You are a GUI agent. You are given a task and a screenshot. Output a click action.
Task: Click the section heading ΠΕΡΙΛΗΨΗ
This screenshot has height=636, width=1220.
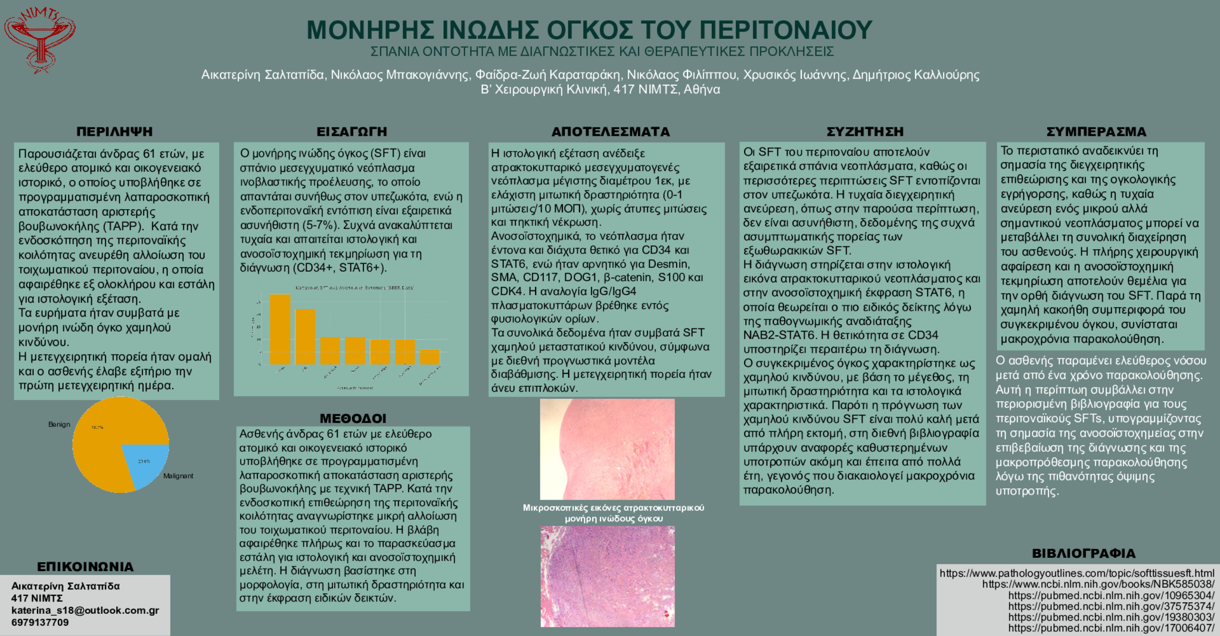point(114,132)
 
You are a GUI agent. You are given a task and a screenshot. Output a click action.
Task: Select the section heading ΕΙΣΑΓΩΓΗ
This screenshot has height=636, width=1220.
point(351,132)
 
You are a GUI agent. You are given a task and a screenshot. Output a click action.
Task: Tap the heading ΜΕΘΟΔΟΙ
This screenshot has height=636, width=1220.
point(353,418)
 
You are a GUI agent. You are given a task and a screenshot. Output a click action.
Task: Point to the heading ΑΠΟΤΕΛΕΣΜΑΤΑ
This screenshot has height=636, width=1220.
point(611,132)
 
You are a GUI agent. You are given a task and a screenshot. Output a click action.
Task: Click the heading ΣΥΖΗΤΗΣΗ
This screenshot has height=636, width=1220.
point(865,132)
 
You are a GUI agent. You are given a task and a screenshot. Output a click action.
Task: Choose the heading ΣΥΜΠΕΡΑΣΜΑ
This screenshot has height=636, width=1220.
point(1096,132)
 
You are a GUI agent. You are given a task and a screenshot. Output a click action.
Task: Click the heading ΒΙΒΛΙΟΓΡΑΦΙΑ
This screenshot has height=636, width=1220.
point(1084,554)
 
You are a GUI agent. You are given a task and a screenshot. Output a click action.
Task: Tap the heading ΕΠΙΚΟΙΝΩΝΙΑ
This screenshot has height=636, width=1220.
point(85,567)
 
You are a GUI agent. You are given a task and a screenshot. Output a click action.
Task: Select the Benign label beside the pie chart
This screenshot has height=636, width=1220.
point(59,424)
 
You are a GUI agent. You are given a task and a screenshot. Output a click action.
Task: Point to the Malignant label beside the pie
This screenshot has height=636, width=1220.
point(178,476)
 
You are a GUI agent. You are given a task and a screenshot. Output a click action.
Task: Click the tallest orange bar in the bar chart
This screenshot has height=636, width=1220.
point(280,329)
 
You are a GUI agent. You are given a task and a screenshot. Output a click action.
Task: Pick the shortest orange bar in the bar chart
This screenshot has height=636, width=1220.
point(430,357)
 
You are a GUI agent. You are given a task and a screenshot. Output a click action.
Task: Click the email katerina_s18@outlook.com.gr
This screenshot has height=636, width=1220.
point(85,610)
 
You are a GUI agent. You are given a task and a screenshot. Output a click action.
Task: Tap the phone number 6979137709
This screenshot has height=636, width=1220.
point(40,623)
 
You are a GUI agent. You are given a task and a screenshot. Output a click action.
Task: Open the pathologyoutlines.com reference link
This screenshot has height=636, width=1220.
point(1076,573)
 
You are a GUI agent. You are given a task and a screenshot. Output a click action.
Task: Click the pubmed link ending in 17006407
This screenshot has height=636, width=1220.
point(1111,628)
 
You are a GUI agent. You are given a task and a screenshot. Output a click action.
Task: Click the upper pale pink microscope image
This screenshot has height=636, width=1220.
point(607,449)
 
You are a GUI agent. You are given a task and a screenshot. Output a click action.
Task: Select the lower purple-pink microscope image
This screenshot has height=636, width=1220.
point(607,576)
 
